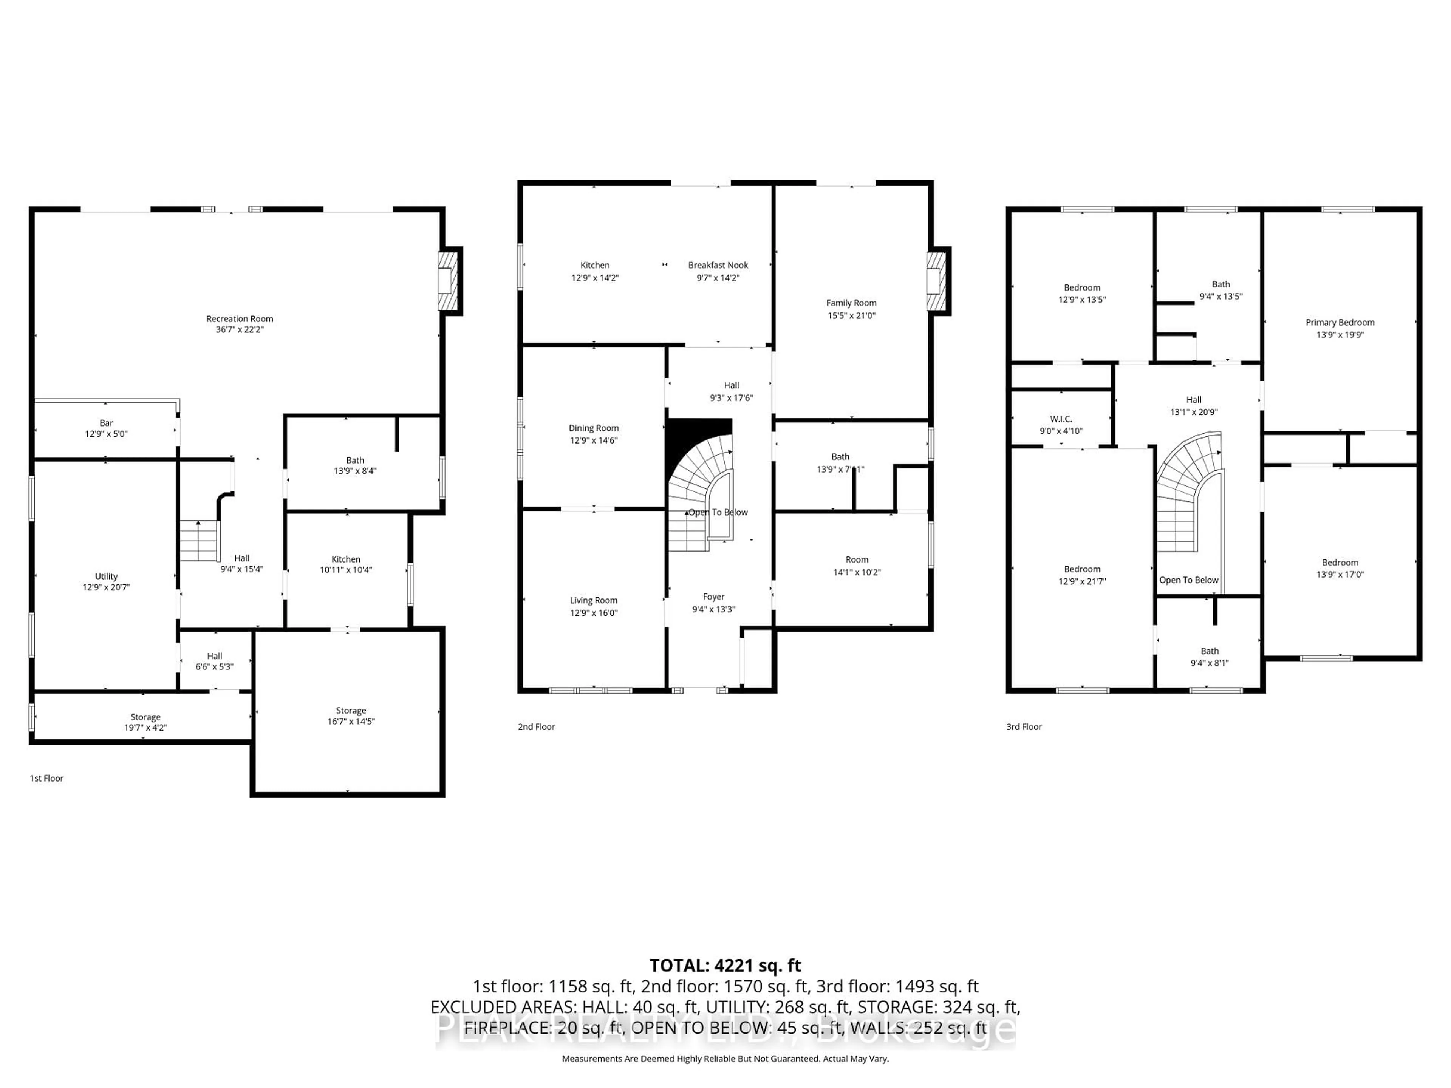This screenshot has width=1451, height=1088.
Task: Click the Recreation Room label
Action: point(240,319)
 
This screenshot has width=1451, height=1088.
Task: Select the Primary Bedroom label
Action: point(1340,322)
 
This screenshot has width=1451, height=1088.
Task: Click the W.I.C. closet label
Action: point(1061,419)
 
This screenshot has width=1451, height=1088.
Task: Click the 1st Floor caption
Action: point(46,779)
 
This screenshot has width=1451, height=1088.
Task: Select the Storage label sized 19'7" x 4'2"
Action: point(145,717)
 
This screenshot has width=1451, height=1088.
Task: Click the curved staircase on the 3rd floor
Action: point(1187,485)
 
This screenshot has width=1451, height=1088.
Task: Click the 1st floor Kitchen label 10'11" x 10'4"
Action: point(346,559)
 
